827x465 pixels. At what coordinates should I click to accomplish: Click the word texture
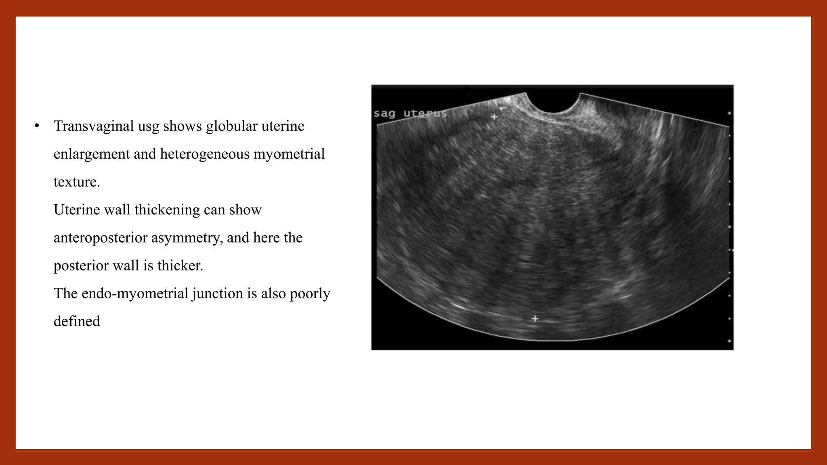pos(76,182)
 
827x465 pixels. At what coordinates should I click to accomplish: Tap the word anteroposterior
pos(101,238)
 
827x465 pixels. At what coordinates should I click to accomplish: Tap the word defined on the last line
pos(77,321)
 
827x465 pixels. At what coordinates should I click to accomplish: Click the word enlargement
pos(91,154)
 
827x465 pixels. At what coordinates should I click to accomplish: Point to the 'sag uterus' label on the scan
pos(410,113)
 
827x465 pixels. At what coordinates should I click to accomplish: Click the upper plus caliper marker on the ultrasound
pos(494,117)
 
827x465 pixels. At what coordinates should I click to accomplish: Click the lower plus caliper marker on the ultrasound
pos(535,318)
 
